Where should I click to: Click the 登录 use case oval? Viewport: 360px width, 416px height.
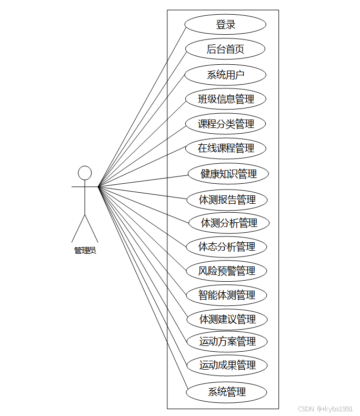point(225,24)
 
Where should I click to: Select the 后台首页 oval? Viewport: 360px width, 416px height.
point(225,49)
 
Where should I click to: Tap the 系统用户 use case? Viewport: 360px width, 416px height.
point(225,74)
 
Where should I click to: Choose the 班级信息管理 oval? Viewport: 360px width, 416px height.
point(225,99)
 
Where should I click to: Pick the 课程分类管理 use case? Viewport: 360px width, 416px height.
point(225,124)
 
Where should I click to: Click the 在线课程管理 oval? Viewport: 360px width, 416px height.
point(225,148)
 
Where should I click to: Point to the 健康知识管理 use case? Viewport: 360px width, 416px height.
point(228,174)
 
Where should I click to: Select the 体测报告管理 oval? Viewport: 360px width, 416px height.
point(227,200)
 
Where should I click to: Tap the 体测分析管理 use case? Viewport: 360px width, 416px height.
point(229,223)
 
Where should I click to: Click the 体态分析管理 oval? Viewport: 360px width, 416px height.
point(227,246)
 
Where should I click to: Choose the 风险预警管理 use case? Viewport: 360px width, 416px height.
point(227,271)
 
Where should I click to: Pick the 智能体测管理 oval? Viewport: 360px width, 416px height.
point(227,295)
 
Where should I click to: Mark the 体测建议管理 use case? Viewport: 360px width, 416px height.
point(227,319)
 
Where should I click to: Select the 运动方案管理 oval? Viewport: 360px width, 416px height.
point(227,342)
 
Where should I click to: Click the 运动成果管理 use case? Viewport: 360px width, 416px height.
point(227,365)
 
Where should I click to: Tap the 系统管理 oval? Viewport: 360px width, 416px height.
point(227,392)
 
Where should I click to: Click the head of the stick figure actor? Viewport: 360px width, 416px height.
point(85,173)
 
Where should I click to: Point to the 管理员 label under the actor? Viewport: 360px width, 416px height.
point(85,251)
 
